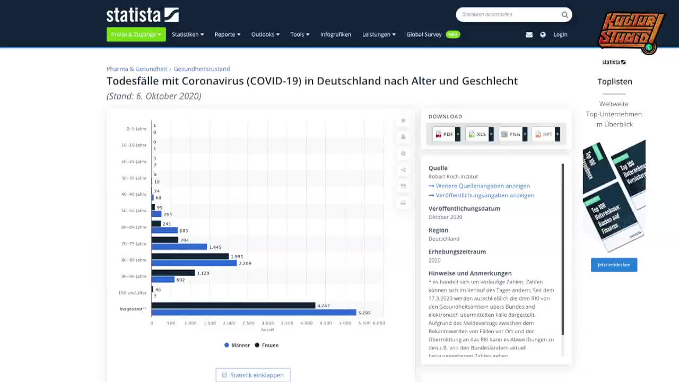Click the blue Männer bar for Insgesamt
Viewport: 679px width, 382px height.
(254, 312)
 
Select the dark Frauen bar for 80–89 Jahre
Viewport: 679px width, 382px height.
(190, 256)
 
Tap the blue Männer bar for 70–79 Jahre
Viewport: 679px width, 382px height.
(179, 247)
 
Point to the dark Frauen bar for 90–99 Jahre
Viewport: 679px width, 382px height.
(173, 273)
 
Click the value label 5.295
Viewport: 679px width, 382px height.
(364, 312)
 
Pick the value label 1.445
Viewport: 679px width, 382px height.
(215, 247)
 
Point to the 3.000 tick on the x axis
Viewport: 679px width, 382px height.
(268, 323)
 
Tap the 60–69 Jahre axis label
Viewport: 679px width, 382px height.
(133, 227)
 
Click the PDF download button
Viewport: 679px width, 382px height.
(445, 134)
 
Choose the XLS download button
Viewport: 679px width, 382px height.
(478, 134)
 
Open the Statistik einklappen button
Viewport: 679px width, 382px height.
(253, 375)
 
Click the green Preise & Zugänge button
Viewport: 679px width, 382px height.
(136, 34)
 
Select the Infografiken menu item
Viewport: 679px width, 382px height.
(335, 34)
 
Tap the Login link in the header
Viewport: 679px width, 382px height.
(560, 34)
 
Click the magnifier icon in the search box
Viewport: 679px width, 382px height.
(564, 15)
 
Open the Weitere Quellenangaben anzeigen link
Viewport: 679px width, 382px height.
(482, 186)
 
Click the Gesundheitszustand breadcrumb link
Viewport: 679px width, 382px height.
(202, 69)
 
